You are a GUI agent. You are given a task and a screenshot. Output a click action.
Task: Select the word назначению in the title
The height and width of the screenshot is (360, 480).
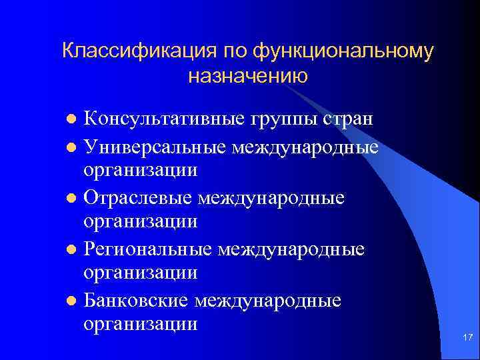pos(247,77)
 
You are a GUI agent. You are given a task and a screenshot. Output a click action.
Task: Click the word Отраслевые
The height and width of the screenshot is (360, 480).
pos(141,198)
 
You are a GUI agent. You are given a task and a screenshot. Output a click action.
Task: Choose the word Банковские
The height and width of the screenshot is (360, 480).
pos(137,301)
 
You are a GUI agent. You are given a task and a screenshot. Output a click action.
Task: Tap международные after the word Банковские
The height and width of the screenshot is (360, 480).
pos(268,301)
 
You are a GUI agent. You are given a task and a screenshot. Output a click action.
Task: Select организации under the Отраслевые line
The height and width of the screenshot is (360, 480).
pos(141,221)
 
